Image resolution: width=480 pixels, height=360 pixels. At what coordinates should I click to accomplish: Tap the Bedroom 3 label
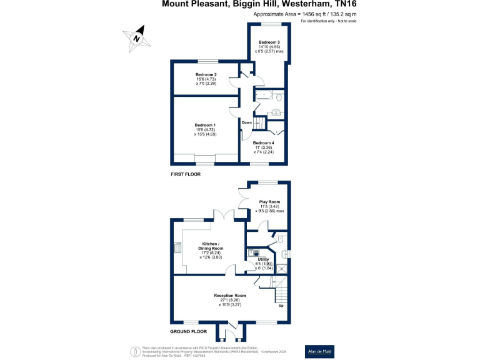click(269, 42)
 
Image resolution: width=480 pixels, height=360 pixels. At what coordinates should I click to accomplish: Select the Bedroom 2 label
click(206, 74)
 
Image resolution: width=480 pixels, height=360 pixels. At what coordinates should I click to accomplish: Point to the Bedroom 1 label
click(205, 125)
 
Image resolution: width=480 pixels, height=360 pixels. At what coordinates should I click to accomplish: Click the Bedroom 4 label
click(263, 143)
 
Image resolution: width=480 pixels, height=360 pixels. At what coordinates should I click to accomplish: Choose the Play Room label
click(269, 202)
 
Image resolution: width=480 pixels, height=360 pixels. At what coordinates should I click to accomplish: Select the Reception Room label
click(229, 296)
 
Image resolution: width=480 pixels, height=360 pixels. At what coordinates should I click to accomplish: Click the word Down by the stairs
click(247, 122)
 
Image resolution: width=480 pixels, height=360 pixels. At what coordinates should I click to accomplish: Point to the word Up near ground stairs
click(280, 306)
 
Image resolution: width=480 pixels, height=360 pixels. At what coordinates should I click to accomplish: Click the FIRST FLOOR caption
click(186, 174)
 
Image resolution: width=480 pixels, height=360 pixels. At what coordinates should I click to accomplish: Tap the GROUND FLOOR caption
click(189, 331)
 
